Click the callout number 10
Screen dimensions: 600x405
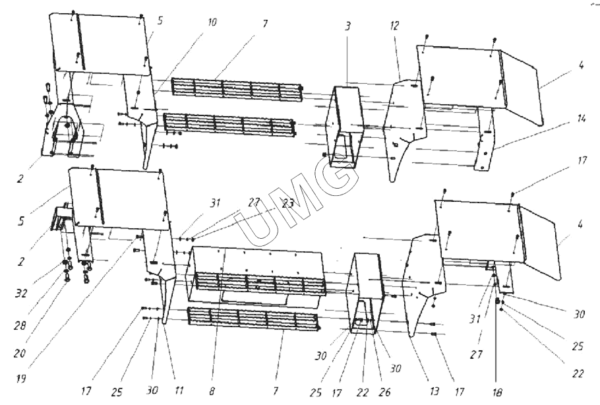[x=212, y=22]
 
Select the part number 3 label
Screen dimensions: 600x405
[x=347, y=27]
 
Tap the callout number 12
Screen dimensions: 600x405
[x=394, y=26]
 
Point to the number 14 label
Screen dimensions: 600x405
[x=581, y=119]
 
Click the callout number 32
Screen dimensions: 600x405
[x=21, y=294]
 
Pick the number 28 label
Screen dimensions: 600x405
[x=20, y=326]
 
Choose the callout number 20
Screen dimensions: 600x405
[x=19, y=353]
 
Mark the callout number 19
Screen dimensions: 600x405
[x=21, y=379]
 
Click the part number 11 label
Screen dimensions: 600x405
[x=179, y=391]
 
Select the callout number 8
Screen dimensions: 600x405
[x=212, y=391]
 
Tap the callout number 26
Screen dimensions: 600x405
[x=385, y=392]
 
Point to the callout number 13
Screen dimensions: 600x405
[x=435, y=392]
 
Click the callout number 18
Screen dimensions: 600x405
[x=497, y=392]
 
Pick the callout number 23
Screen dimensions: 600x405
[x=288, y=204]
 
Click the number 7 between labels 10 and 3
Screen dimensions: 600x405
[x=265, y=24]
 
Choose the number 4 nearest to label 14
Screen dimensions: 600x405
[x=581, y=65]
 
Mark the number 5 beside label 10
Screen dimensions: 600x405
[x=160, y=20]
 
